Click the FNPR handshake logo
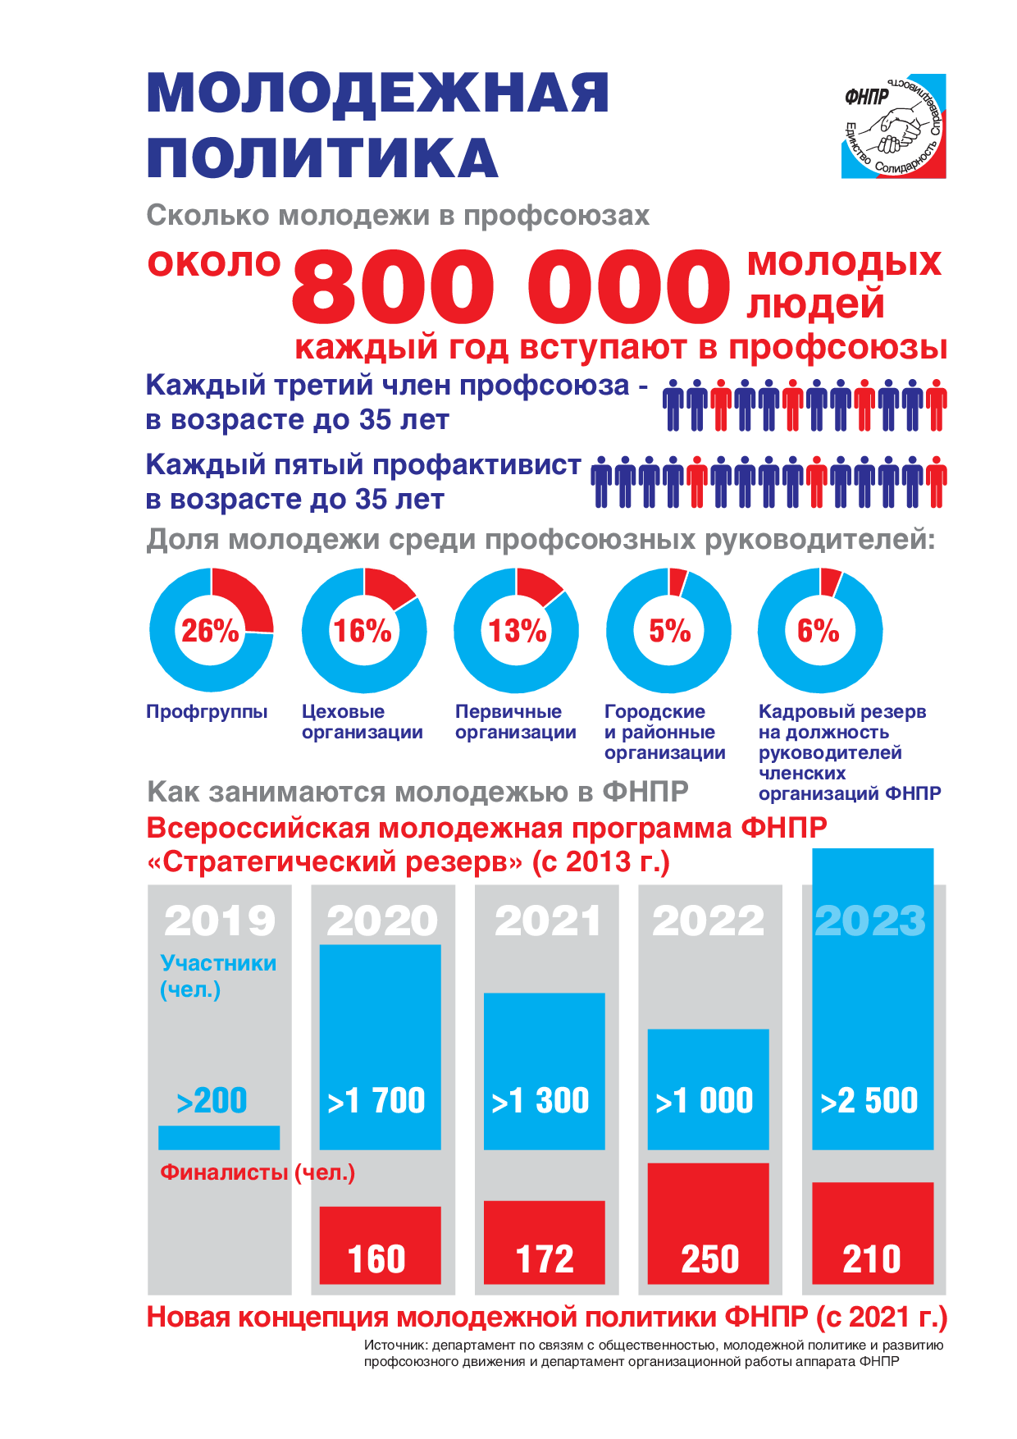click(893, 126)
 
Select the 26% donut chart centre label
click(210, 631)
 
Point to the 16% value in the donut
click(362, 631)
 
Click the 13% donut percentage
click(517, 631)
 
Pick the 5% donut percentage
click(669, 631)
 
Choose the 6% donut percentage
click(818, 631)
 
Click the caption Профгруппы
click(207, 711)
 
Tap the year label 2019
click(220, 921)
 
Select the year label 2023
click(870, 921)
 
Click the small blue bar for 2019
click(219, 1137)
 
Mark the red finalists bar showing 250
click(709, 1222)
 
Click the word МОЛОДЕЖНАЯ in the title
click(378, 93)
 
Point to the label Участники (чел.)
click(217, 975)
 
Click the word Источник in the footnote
click(395, 1345)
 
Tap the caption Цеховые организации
click(363, 722)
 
